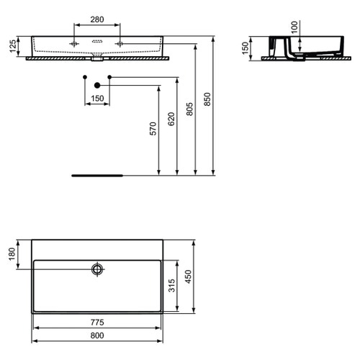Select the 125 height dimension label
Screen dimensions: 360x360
[12, 48]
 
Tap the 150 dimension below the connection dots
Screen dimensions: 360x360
[96, 98]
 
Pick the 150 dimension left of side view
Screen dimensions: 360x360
[245, 48]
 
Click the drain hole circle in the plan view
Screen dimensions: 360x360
[97, 270]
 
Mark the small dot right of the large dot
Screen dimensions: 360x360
[109, 76]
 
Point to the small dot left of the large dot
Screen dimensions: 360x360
[84, 76]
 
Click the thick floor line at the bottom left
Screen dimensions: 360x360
[97, 175]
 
